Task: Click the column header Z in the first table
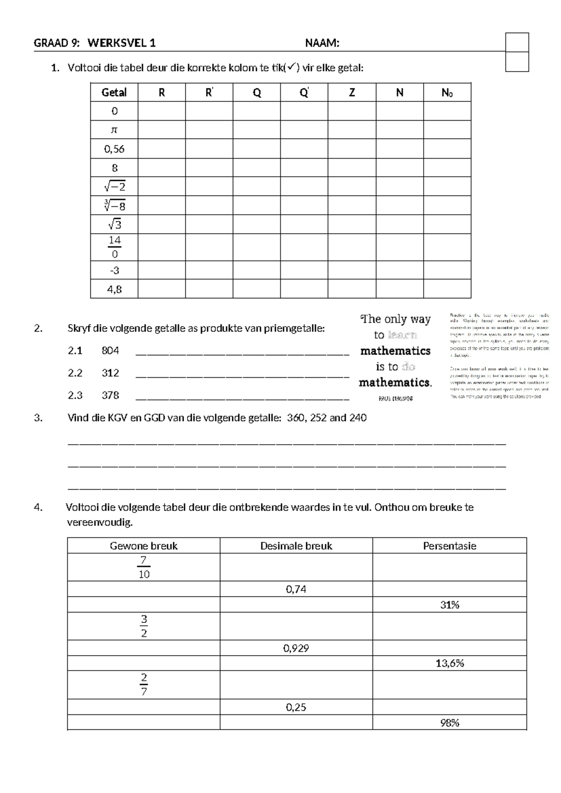352,93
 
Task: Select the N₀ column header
447,93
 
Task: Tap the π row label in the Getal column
114,130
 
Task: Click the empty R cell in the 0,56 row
161,149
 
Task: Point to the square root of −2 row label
115,187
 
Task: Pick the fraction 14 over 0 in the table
115,247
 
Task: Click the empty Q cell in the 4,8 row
256,289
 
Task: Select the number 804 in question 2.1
110,351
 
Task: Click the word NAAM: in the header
322,43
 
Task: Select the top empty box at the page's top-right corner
517,42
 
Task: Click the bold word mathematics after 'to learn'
395,351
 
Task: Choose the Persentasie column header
449,546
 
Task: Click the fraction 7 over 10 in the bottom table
144,567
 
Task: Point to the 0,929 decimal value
296,648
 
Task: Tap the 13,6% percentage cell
449,663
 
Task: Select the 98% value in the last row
449,723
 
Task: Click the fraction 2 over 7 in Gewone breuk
144,685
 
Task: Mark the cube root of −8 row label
115,205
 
